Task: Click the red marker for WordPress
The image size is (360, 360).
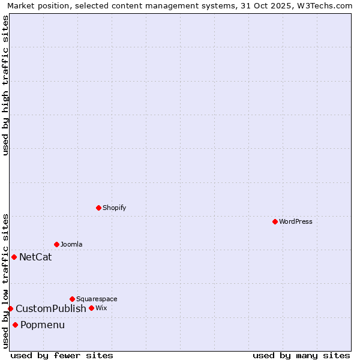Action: (x=275, y=221)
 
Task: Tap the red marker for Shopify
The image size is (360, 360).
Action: (x=98, y=208)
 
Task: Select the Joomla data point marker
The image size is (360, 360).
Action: (x=56, y=244)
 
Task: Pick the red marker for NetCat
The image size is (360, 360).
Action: (x=14, y=257)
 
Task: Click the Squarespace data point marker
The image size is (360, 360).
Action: (x=72, y=299)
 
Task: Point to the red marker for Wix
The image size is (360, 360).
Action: (x=91, y=308)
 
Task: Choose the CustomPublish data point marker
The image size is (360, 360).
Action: (x=10, y=308)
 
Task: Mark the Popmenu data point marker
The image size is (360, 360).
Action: (x=15, y=325)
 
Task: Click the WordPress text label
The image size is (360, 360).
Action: (x=296, y=221)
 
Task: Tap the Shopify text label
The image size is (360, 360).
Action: (x=115, y=208)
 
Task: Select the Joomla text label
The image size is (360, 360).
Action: (x=71, y=244)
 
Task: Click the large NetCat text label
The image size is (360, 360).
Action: (x=35, y=257)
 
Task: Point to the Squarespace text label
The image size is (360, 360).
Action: (x=97, y=299)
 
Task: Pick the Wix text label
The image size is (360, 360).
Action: (x=101, y=308)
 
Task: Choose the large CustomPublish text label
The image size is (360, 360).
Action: (x=51, y=309)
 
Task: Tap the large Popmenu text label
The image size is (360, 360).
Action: (x=43, y=325)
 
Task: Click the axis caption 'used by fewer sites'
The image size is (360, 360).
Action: (x=62, y=355)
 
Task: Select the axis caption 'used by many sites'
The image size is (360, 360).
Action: (x=301, y=355)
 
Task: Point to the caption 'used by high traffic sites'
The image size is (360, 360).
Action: (x=5, y=85)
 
